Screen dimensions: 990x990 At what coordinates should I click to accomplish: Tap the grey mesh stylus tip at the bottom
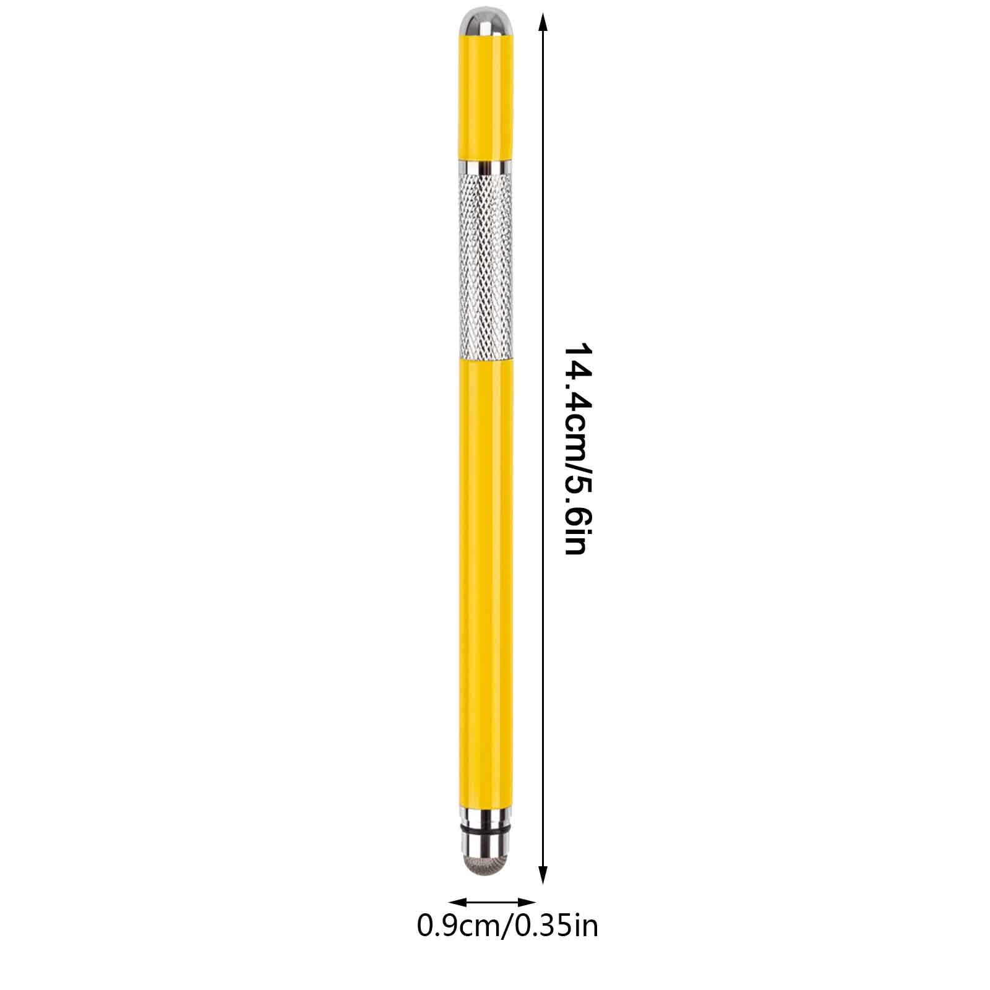pos(486,863)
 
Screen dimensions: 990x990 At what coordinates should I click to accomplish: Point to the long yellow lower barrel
pos(486,582)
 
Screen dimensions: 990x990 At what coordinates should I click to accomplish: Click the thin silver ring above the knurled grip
pos(486,167)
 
